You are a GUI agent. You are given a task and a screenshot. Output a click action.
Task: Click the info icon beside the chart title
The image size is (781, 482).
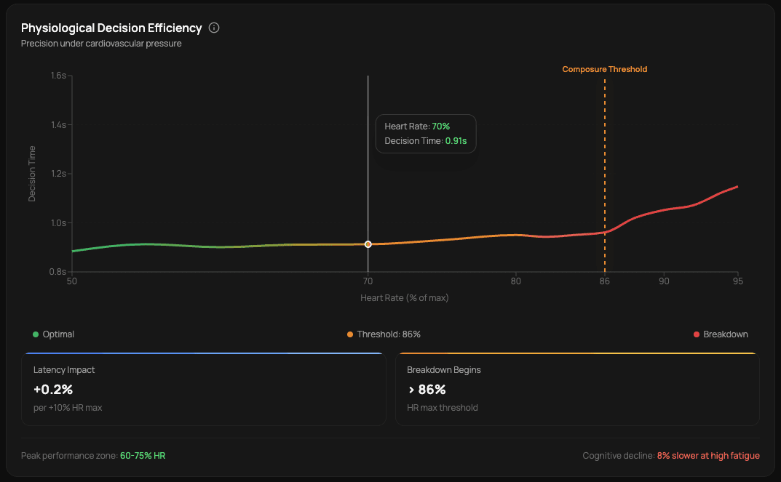[214, 28]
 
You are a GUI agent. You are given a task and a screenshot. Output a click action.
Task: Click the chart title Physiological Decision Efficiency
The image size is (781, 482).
[111, 28]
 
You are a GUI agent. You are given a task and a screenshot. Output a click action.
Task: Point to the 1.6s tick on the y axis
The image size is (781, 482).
[58, 76]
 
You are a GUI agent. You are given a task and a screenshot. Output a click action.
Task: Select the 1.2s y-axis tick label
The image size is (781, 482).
[58, 174]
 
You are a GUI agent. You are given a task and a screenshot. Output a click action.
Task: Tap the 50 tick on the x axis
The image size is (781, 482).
[72, 281]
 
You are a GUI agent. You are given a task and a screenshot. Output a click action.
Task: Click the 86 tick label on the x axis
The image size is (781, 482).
[604, 281]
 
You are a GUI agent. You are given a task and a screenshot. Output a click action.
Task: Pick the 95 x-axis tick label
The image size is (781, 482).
[737, 281]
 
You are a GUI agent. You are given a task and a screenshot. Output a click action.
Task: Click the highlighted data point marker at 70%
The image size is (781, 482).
[368, 244]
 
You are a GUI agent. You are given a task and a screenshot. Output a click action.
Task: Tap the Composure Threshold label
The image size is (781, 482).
[604, 70]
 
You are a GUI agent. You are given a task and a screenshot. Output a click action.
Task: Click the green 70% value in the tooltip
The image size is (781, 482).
[441, 126]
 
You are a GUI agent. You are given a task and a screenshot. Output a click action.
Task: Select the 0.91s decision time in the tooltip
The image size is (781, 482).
[456, 141]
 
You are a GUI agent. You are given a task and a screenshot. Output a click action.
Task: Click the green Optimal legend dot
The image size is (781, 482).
[36, 334]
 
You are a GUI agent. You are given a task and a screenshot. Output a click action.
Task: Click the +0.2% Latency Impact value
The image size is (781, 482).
[53, 389]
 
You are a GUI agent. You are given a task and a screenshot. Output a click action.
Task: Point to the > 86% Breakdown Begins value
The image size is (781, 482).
[427, 389]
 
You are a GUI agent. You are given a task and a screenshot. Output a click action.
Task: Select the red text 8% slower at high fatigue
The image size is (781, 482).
[708, 456]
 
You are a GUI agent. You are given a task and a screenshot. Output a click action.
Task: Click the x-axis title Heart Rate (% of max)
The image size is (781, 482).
[405, 298]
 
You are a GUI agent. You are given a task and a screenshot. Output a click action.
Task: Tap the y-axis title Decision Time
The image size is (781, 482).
[32, 174]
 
